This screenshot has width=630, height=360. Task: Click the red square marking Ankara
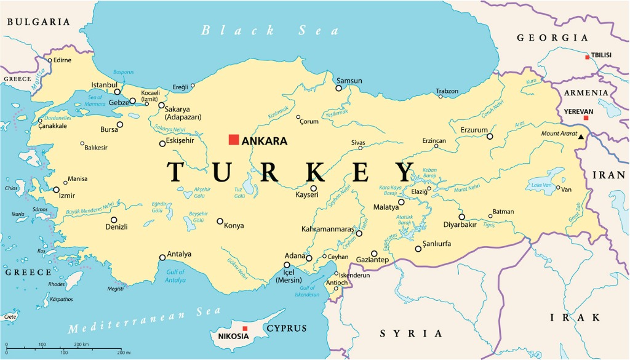pos(233,140)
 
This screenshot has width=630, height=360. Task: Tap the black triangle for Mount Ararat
pos(580,137)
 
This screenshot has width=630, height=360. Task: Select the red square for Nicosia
pos(245,329)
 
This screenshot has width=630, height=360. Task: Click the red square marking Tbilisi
pos(588,57)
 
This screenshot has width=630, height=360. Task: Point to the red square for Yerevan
pos(586,118)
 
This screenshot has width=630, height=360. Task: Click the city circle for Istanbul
pos(117,92)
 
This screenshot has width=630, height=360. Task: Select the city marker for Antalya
pos(162,257)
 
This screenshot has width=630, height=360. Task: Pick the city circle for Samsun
pos(338,88)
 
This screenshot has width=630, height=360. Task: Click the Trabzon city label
pos(447,91)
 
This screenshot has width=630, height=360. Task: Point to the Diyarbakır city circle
pos(461,217)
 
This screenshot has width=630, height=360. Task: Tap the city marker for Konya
pos(220,221)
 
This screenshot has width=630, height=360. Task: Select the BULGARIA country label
pos(39,22)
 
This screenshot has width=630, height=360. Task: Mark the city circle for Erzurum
pos(490,136)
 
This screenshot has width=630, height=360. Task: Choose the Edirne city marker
pos(50,60)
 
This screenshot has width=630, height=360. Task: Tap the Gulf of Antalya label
pos(175,276)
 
